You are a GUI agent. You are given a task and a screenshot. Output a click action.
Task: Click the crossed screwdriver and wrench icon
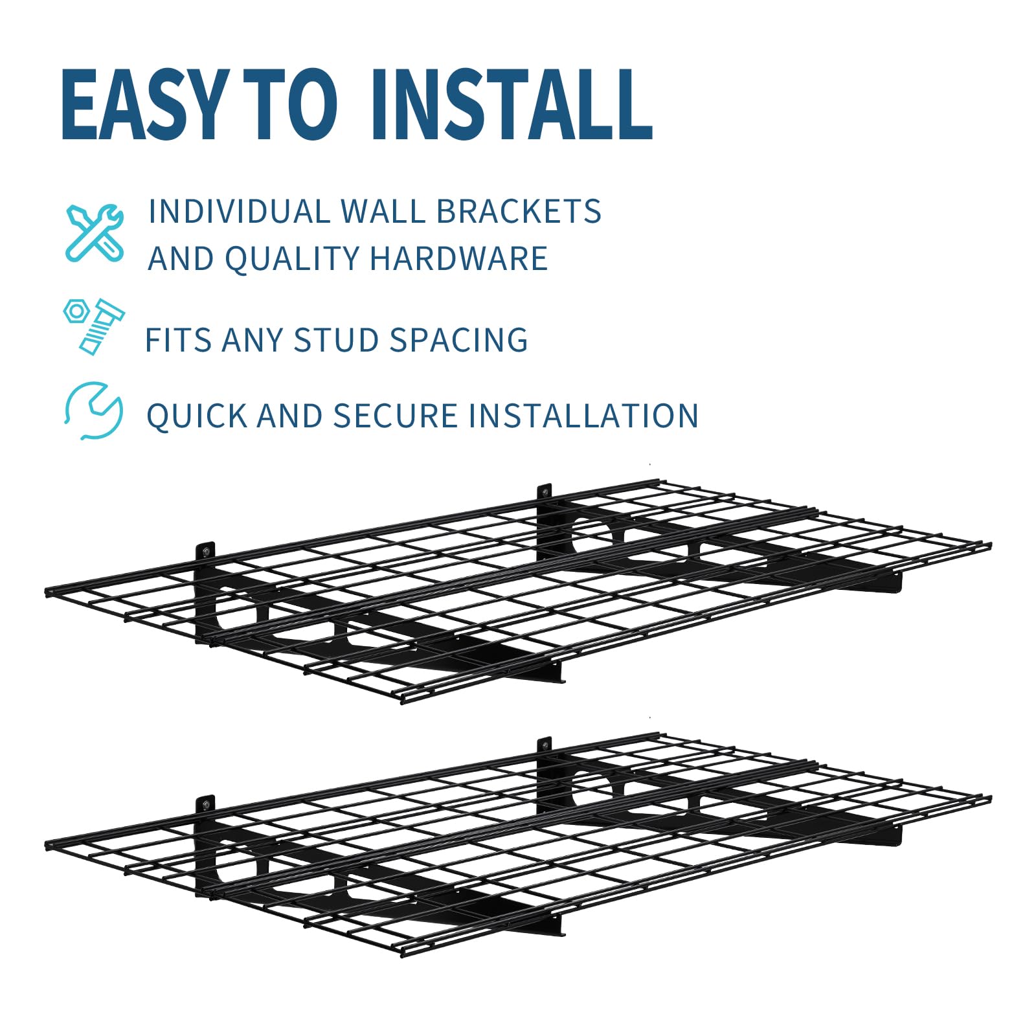[x=95, y=232]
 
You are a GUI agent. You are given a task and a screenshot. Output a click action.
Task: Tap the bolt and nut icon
[x=95, y=326]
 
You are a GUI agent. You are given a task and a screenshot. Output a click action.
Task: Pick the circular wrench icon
[x=94, y=411]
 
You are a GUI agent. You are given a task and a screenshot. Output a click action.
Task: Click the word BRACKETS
[x=519, y=212]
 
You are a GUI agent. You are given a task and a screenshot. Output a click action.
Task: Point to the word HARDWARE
[x=458, y=258]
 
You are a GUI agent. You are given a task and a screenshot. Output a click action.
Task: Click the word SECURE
[x=395, y=416]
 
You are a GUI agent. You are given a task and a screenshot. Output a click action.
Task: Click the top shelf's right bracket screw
[x=545, y=492]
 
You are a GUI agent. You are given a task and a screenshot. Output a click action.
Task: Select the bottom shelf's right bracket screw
[x=545, y=746]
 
